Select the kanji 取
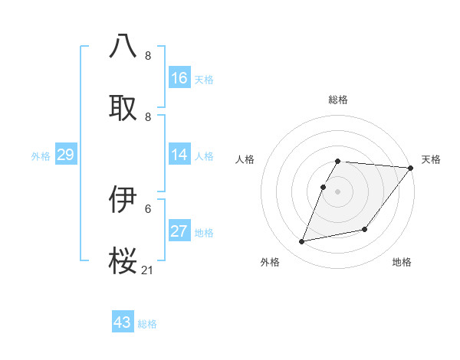(124, 106)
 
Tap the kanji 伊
(124, 199)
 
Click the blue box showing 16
(179, 77)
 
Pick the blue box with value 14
(179, 155)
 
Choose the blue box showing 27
(179, 231)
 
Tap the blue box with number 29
(65, 155)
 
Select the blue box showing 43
(123, 322)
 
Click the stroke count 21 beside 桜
(148, 270)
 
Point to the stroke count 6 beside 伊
(148, 208)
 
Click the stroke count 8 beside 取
(148, 116)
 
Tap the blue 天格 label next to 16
(204, 79)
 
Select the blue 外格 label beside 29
(41, 156)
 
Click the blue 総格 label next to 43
(147, 324)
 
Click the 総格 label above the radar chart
(338, 100)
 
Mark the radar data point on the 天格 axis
(411, 168)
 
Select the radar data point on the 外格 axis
(302, 241)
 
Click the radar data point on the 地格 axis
(365, 229)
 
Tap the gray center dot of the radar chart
(338, 191)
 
